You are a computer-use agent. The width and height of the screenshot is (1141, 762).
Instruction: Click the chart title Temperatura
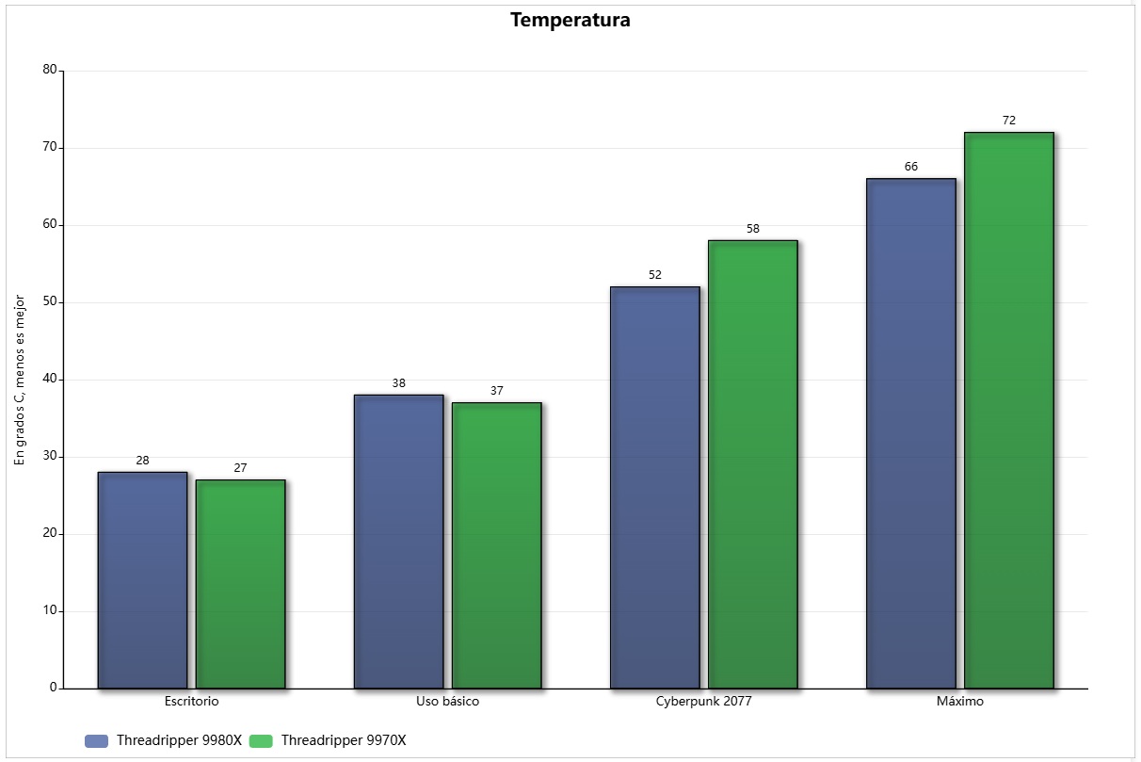(x=570, y=20)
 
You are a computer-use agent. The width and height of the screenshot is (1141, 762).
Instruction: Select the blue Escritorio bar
(x=142, y=579)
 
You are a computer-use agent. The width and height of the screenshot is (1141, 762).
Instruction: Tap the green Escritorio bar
(x=240, y=584)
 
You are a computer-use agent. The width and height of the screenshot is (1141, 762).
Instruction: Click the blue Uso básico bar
(x=398, y=542)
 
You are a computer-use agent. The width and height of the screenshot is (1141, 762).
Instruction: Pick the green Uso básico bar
(x=496, y=545)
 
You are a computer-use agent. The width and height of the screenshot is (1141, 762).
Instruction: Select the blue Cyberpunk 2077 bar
(x=654, y=487)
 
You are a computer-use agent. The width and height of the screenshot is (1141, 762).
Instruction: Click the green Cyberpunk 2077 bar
(x=752, y=464)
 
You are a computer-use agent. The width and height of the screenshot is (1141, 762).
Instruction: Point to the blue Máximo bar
(x=910, y=433)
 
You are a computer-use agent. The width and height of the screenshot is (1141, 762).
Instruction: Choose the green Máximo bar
(x=1008, y=410)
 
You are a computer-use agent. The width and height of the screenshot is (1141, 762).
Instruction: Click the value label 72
(x=1008, y=121)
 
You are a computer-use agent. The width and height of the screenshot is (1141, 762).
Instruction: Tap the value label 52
(x=654, y=275)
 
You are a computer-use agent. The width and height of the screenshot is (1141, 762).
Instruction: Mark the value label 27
(x=240, y=468)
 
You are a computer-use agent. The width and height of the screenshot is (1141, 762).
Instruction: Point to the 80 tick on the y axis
(x=50, y=70)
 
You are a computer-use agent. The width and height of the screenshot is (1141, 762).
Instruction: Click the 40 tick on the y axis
(x=50, y=379)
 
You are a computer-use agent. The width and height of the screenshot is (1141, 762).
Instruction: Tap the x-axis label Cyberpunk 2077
(x=703, y=702)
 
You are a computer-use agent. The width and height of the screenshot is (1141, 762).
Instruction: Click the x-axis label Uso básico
(x=447, y=702)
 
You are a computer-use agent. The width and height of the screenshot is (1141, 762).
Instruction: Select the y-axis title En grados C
(x=19, y=379)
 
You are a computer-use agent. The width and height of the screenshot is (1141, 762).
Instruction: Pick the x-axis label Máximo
(x=959, y=702)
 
